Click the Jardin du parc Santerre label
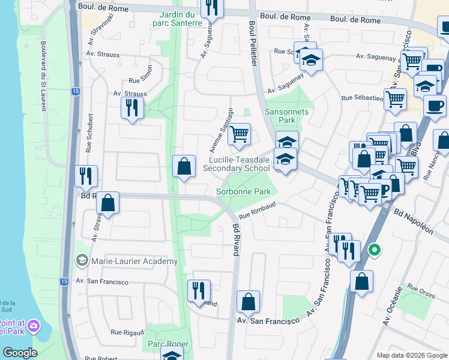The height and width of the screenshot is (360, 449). (181, 18)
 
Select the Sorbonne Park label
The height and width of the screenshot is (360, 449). (243, 192)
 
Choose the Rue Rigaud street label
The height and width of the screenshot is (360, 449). (127, 332)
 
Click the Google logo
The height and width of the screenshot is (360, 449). (20, 353)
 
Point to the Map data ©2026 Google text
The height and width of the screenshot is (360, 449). (411, 355)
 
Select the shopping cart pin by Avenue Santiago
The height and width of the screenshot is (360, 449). (240, 135)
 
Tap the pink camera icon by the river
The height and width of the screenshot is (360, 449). (34, 326)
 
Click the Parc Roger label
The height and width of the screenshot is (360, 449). (169, 344)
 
